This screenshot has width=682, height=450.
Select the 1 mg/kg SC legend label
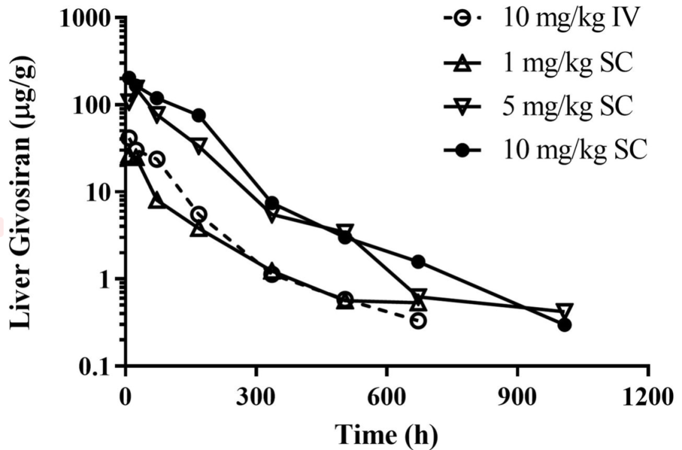coord(556,64)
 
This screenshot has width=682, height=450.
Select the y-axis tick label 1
coord(107,279)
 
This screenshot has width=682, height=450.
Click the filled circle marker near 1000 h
coord(565,325)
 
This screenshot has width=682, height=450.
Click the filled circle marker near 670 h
coord(418,262)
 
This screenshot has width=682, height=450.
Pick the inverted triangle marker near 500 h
coord(345,230)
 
